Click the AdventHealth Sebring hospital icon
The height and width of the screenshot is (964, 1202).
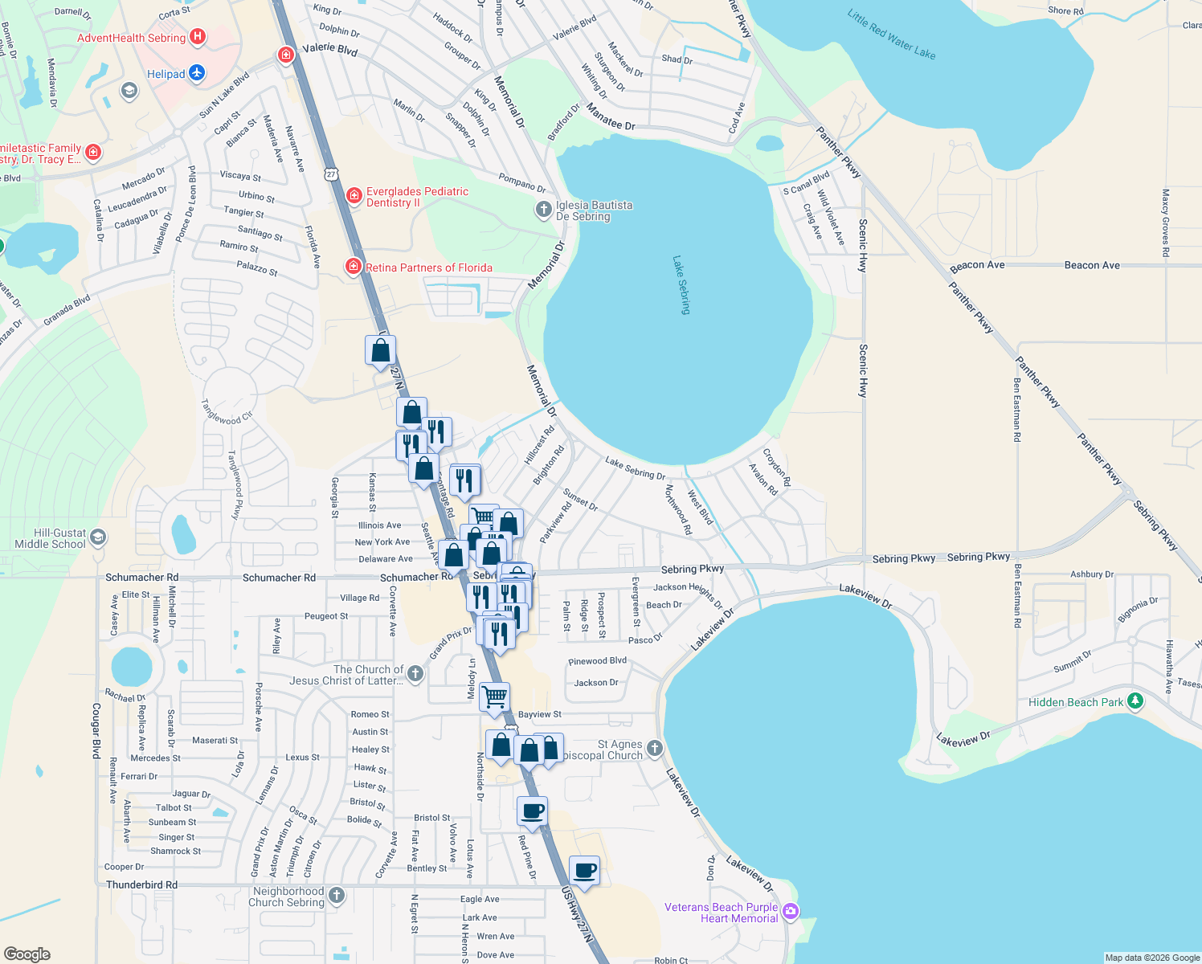click(197, 37)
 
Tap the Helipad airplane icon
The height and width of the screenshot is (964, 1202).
click(197, 74)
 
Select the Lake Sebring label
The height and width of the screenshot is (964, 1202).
click(681, 284)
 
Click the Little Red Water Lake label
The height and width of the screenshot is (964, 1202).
click(891, 35)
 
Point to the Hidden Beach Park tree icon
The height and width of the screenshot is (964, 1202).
click(1135, 701)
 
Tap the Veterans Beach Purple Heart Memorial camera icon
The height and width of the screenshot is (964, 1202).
click(791, 910)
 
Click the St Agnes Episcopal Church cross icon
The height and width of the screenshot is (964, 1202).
click(655, 749)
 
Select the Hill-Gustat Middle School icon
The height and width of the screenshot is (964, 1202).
click(98, 537)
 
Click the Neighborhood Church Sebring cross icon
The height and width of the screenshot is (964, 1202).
click(337, 895)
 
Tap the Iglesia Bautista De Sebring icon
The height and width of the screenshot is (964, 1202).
click(544, 210)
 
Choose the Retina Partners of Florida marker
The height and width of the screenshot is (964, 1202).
click(354, 267)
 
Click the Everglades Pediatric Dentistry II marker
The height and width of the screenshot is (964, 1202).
click(354, 195)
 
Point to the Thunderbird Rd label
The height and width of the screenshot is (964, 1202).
click(141, 884)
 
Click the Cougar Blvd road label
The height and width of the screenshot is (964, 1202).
click(96, 730)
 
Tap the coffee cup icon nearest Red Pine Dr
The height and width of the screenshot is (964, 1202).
click(532, 811)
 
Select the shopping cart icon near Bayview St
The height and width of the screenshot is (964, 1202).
click(494, 696)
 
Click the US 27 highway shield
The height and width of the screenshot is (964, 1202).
click(331, 174)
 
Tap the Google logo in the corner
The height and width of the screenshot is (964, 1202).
click(27, 954)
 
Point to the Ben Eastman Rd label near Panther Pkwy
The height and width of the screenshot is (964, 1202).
click(1017, 410)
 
